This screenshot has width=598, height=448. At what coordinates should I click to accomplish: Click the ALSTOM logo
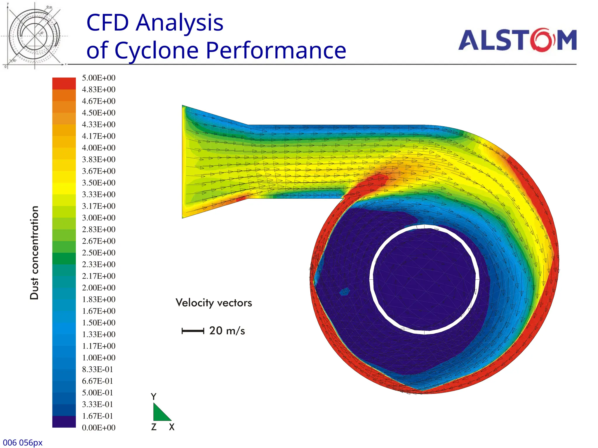(517, 40)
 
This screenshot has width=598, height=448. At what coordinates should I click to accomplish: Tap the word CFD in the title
(107, 23)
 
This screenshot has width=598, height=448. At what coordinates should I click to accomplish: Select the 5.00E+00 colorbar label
(98, 78)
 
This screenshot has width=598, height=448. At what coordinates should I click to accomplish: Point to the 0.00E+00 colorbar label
(98, 428)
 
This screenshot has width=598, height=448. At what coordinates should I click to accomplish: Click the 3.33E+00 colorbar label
(98, 194)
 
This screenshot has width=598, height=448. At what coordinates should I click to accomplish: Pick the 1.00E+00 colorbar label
(98, 358)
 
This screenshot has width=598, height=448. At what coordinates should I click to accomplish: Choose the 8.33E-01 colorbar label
(97, 369)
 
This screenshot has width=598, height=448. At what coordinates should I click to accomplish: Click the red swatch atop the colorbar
(64, 83)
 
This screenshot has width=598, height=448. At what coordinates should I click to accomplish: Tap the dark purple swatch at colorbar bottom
(64, 422)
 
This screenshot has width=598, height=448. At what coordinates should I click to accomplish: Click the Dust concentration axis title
(34, 253)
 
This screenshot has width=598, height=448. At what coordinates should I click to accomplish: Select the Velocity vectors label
(214, 303)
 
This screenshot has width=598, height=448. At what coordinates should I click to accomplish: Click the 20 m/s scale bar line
(193, 331)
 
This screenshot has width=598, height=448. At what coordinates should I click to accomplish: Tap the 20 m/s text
(227, 331)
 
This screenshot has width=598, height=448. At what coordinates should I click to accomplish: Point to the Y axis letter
(154, 397)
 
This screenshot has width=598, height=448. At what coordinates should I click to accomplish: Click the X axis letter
(172, 427)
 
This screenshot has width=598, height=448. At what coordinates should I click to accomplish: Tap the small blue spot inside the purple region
(345, 291)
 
